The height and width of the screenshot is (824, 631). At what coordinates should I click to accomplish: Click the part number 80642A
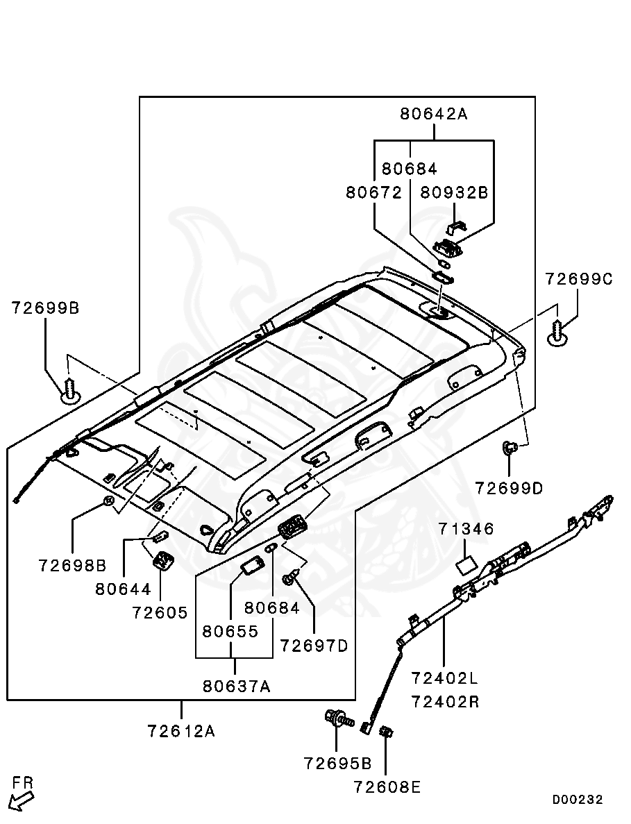coord(433,114)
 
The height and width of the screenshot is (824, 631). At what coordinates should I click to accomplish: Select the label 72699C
coord(578,279)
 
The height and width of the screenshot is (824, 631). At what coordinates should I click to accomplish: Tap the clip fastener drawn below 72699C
coord(558,333)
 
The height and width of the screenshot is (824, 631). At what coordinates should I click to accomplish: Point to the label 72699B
coord(45,307)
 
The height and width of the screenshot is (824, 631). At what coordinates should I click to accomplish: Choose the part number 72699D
coord(509,488)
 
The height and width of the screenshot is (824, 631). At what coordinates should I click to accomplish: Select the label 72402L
coord(445,677)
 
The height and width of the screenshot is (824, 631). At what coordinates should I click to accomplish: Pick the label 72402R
coord(445,701)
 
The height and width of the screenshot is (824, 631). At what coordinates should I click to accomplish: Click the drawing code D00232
coord(578,800)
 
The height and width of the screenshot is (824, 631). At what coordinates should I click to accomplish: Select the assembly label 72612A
coord(181,730)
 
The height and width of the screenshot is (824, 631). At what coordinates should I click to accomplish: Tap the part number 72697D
coord(314,646)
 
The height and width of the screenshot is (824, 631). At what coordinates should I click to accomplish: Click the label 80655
coord(230,632)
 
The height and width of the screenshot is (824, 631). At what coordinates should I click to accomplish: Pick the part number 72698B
coord(72,565)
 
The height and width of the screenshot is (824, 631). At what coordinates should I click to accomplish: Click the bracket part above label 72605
coord(163,560)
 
